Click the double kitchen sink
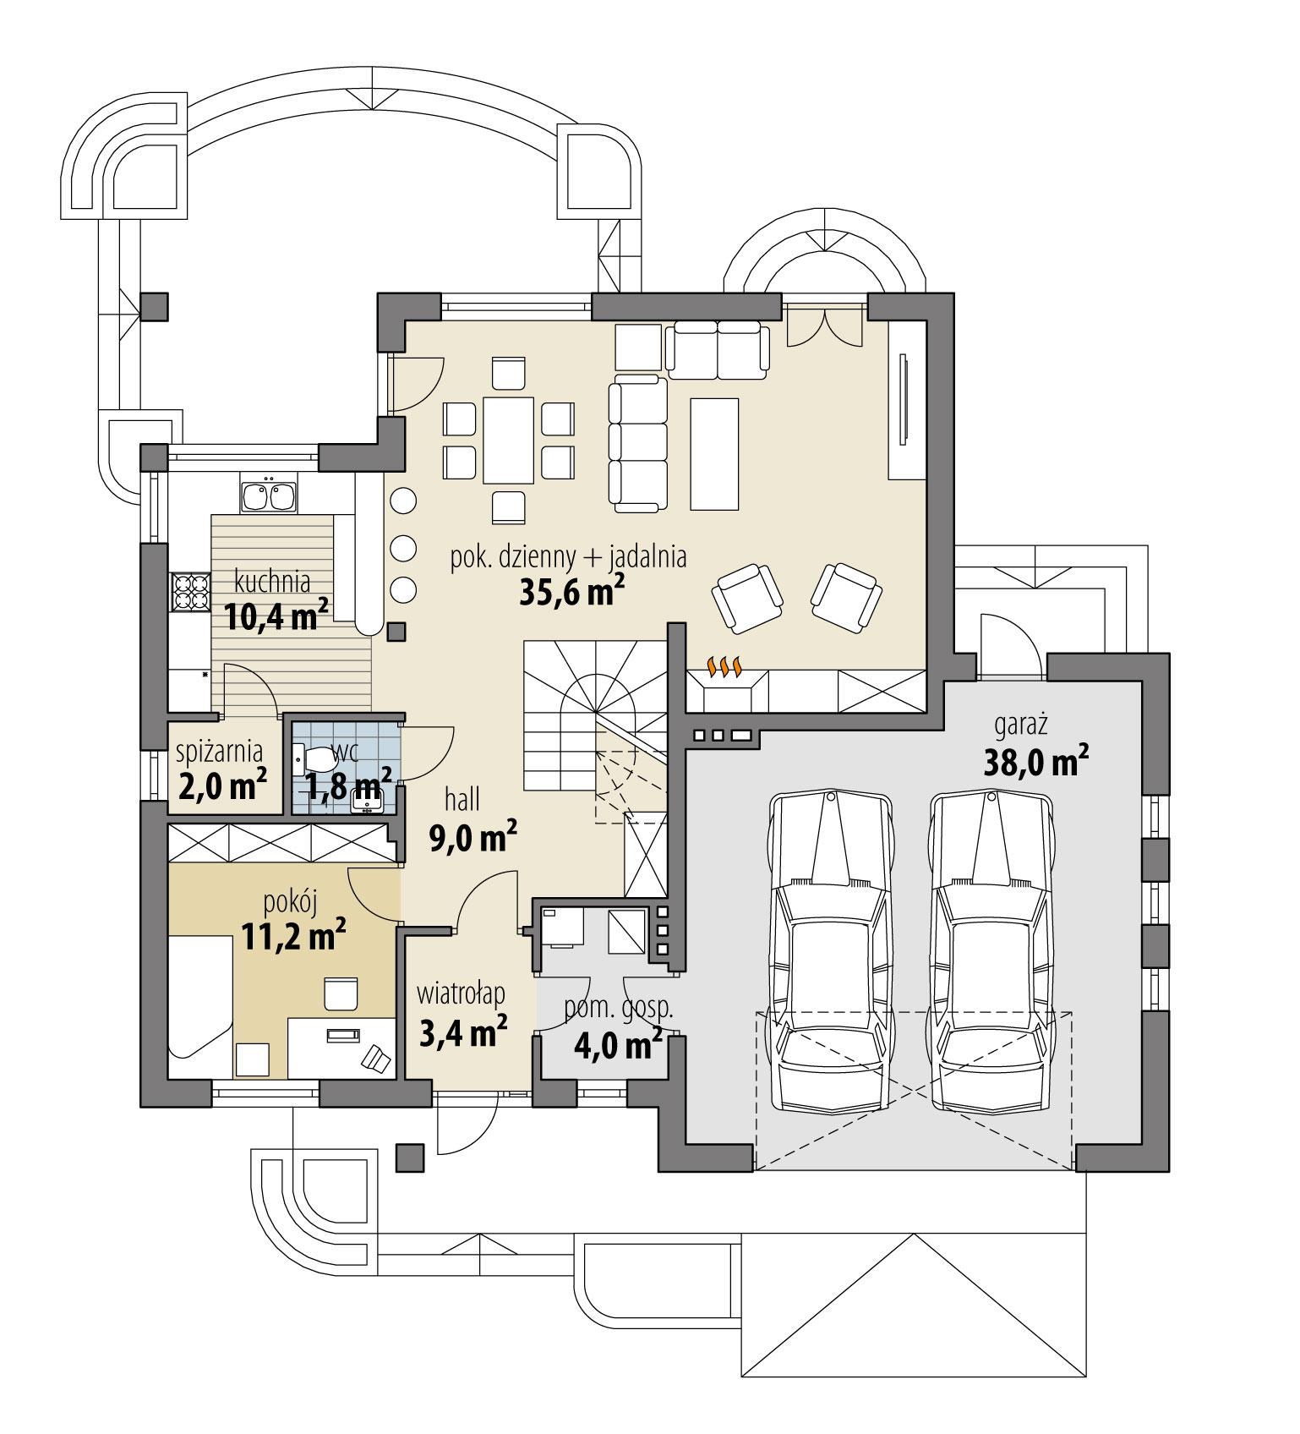click(x=270, y=496)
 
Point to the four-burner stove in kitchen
click(x=190, y=592)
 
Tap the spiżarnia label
click(x=219, y=750)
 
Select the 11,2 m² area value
click(x=293, y=936)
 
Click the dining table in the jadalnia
click(x=508, y=438)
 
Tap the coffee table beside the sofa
click(x=714, y=453)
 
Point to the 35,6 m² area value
click(x=572, y=593)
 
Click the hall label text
click(x=462, y=797)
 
